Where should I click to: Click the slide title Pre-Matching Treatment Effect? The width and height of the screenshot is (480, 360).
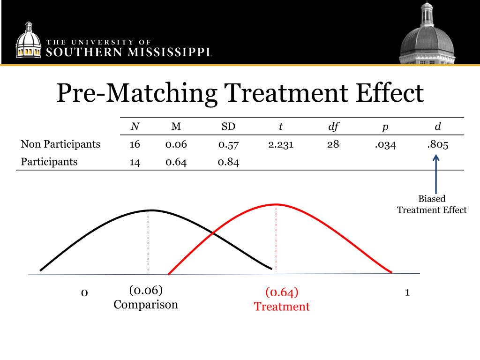240,93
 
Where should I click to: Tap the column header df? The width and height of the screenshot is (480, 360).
333,127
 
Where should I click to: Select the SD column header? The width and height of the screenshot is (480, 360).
228,127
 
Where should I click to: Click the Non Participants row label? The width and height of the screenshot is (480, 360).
60,144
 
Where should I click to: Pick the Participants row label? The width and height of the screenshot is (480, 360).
49,162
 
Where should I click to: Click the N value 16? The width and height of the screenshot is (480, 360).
135,144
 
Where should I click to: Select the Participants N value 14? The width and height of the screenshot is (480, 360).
135,162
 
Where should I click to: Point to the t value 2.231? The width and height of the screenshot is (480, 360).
281,144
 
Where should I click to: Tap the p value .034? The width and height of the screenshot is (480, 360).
385,144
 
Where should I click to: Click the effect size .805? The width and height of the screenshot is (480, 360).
437,144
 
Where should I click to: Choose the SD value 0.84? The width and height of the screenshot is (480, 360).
228,162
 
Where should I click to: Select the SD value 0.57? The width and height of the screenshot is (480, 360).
228,144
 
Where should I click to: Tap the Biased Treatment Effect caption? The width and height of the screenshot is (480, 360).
432,204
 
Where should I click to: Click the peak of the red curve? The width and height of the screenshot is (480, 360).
276,204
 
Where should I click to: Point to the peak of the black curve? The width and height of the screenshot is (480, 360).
149,210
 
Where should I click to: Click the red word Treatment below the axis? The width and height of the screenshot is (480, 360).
282,307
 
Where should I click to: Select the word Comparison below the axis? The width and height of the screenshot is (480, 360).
146,304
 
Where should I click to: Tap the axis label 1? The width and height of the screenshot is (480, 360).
407,292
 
